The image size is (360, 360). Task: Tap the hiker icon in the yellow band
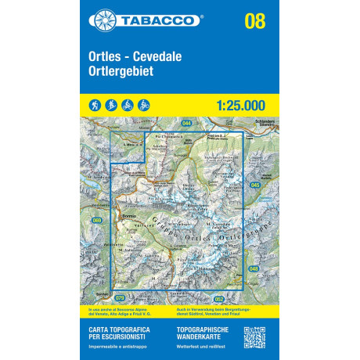[x=94, y=104]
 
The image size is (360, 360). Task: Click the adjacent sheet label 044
[x=186, y=123]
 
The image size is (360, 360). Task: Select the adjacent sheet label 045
[x=256, y=185]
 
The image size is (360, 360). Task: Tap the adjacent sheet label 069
[x=97, y=221]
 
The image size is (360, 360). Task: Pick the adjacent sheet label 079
[x=120, y=297]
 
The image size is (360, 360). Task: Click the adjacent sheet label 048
[x=254, y=268]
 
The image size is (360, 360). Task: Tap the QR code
[x=254, y=337]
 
